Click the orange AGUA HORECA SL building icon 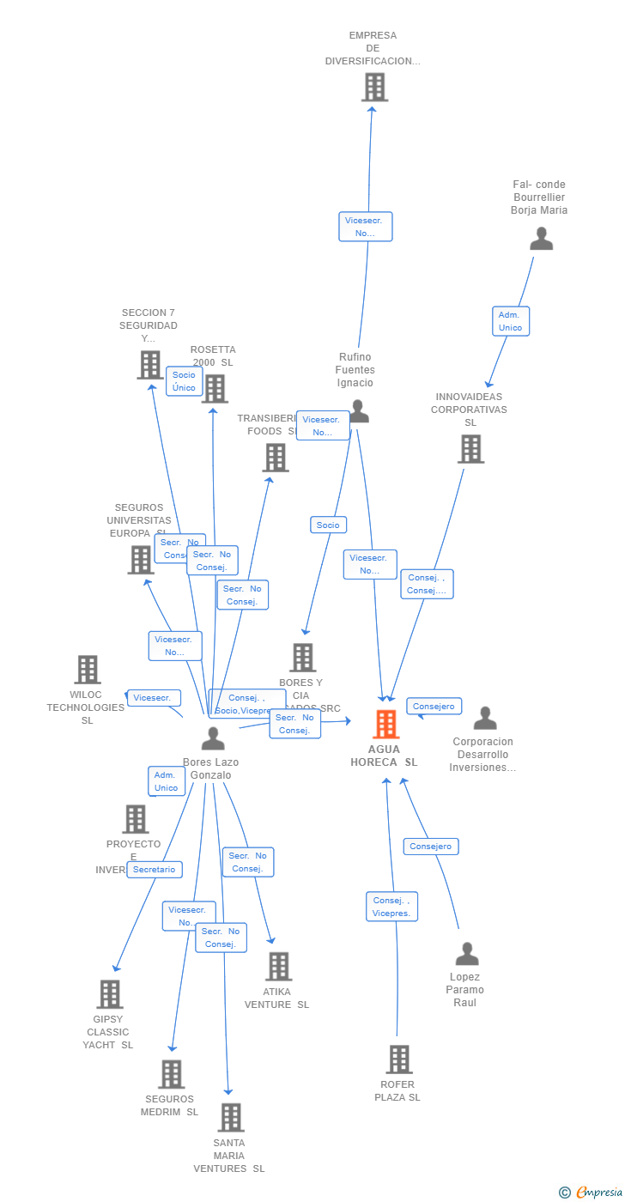coord(386,725)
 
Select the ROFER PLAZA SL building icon coord(399,1059)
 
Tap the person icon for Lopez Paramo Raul coord(467,954)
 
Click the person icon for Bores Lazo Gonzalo coord(213,738)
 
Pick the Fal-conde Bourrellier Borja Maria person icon coord(541,239)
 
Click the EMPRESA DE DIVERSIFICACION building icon coord(373,88)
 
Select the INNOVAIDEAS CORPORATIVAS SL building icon coord(470,449)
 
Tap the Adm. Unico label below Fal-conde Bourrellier coord(510,321)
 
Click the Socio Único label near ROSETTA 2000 coord(184,381)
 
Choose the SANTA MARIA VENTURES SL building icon coord(231,1118)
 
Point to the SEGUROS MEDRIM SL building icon coord(172,1074)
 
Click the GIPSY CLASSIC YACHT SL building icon coord(110,994)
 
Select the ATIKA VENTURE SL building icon coord(278,967)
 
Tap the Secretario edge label coord(155,870)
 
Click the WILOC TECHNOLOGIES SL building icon coord(88,670)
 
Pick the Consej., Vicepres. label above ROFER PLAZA coord(392,907)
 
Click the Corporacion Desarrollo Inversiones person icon coord(485,719)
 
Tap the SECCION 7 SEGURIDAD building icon coord(150,365)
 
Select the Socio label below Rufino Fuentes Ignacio coord(328,525)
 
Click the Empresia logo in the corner coord(592,1192)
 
